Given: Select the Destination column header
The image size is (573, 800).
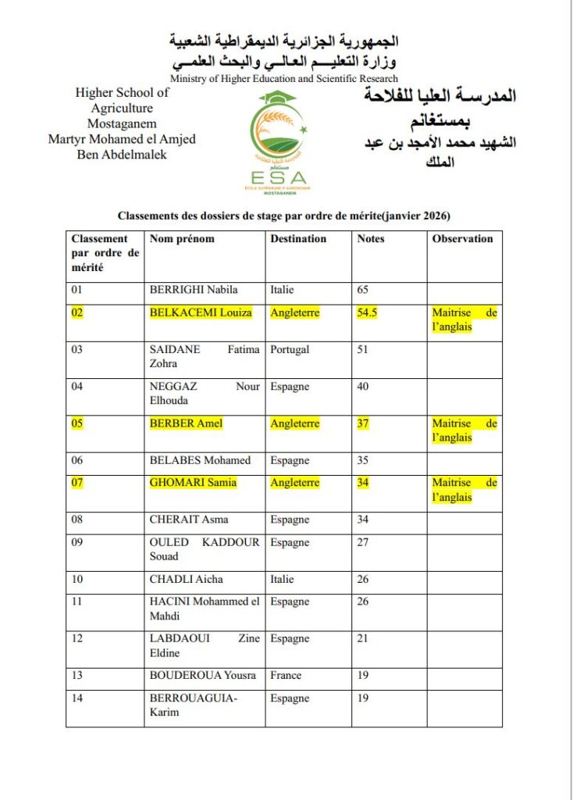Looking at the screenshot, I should (298, 239).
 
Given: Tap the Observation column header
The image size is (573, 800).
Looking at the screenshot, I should (462, 239).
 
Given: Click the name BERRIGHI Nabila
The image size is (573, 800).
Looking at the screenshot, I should (194, 290).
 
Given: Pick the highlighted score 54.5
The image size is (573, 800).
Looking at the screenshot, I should (368, 312).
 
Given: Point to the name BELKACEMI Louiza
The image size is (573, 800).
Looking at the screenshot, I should (201, 312).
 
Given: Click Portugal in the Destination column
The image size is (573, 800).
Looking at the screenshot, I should (290, 350).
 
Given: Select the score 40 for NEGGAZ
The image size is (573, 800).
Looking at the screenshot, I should (363, 387).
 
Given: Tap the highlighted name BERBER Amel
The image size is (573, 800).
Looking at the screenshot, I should (186, 423).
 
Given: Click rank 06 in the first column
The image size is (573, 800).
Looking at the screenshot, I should (77, 461).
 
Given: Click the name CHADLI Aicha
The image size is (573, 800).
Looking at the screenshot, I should (186, 579).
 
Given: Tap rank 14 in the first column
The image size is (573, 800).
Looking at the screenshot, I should (77, 698).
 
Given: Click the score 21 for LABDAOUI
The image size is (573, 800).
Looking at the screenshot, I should (363, 639).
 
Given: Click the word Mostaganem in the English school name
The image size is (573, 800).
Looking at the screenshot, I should (122, 123).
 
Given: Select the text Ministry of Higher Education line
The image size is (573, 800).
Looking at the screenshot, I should (284, 79).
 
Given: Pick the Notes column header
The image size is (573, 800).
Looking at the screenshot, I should (371, 239).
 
